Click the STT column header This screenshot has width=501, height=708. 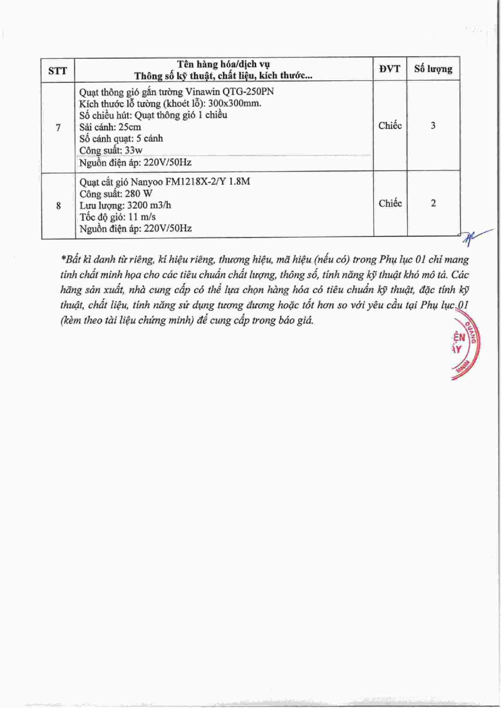58,70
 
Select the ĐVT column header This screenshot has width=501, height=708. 390,69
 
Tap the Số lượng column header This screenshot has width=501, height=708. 433,69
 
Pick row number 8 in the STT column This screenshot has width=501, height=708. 58,205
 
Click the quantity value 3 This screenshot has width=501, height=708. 433,126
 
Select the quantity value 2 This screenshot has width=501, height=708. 433,204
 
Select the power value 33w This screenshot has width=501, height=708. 133,151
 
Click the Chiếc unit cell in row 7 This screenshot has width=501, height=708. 390,126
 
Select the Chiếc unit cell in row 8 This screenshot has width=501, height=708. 390,204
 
